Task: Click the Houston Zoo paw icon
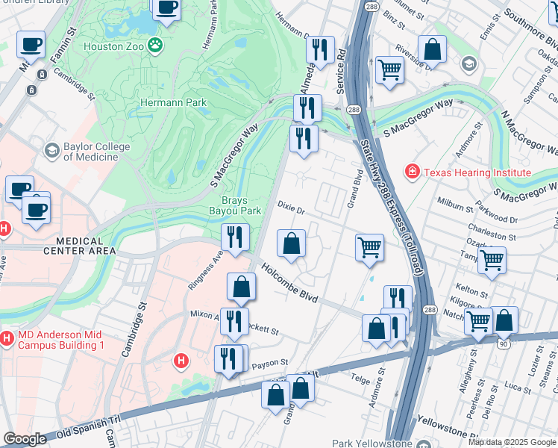154,46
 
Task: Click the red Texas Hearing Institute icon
411,172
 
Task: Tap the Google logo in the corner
25,439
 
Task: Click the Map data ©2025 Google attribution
512,442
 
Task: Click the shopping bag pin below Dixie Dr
291,243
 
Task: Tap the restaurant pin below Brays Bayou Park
235,238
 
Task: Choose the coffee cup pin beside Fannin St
31,45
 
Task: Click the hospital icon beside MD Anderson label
7,340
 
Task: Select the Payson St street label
269,363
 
